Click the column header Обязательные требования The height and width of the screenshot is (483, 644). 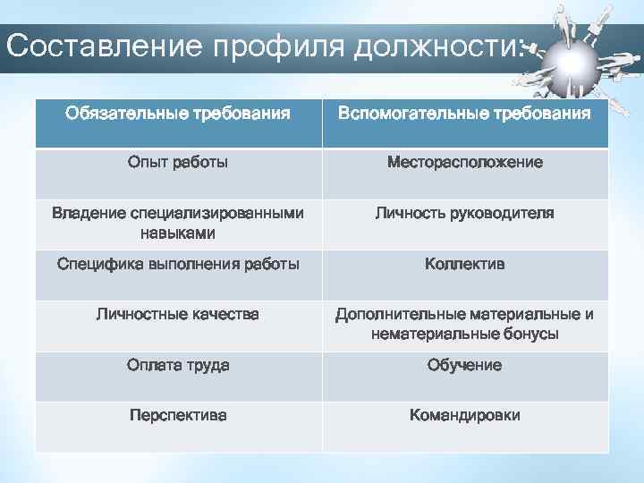point(177,114)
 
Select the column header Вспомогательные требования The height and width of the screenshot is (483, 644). point(464,114)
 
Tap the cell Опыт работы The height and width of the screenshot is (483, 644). point(177,163)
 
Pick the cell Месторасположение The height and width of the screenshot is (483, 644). point(464,163)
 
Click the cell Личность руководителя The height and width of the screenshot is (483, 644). point(464,214)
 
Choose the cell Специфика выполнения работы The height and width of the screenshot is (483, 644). point(177,264)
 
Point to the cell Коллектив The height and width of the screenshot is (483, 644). point(464,264)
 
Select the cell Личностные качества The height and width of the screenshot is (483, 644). point(177,314)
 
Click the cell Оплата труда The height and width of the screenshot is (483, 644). point(177,365)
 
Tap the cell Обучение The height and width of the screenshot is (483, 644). point(464,365)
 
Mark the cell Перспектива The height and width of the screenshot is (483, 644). point(177,415)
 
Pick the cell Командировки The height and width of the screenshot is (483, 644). point(464,415)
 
